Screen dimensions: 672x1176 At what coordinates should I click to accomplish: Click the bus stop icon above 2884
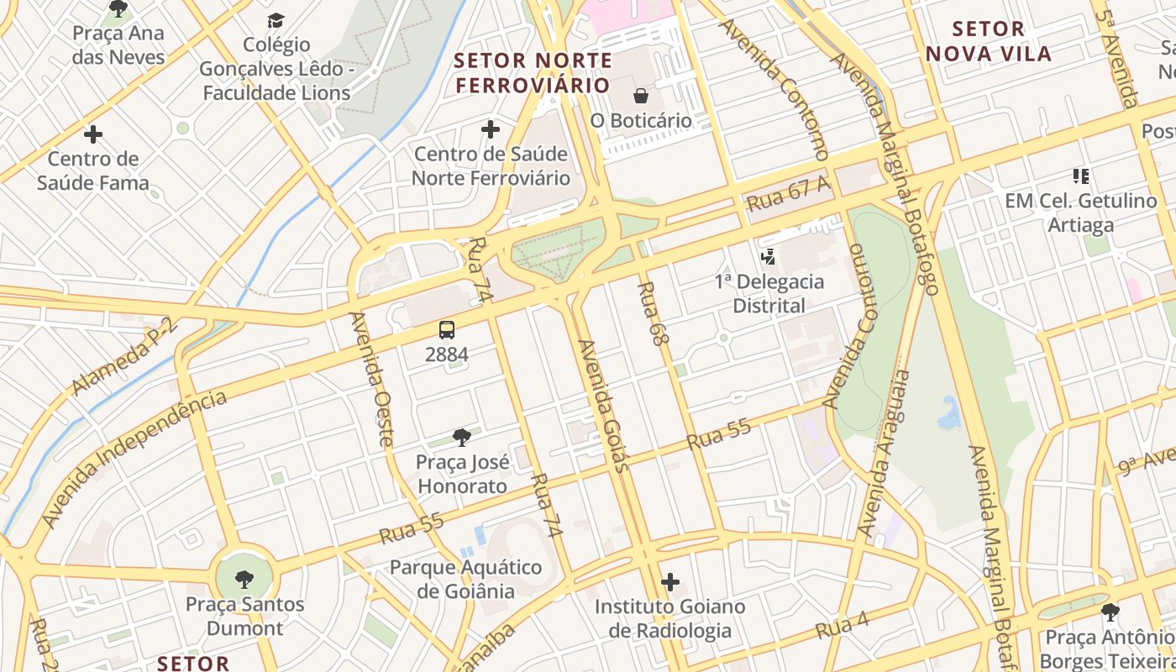click(x=447, y=330)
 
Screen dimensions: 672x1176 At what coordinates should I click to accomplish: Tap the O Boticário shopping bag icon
click(x=641, y=96)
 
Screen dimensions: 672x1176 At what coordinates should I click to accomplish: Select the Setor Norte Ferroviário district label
click(x=533, y=73)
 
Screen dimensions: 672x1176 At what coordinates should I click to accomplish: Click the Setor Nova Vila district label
click(x=988, y=41)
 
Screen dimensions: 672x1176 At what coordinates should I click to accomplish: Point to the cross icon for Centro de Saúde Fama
click(x=93, y=134)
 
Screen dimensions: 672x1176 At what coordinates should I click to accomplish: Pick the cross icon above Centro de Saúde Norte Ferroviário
click(x=491, y=129)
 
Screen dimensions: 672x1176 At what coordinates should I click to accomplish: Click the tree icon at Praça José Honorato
click(x=461, y=437)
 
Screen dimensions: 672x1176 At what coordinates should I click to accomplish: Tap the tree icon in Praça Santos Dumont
click(x=244, y=579)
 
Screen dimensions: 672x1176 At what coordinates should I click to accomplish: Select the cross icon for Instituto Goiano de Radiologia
click(x=670, y=581)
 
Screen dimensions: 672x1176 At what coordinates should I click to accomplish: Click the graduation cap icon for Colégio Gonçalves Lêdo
click(x=276, y=20)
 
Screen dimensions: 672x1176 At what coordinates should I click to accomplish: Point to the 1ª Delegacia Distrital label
click(x=769, y=293)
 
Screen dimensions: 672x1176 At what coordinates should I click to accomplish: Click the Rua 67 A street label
click(x=788, y=194)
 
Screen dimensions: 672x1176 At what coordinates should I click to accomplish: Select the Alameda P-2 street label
click(x=125, y=357)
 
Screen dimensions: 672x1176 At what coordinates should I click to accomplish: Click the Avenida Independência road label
click(x=134, y=457)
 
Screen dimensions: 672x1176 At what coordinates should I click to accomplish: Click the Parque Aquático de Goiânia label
click(x=465, y=579)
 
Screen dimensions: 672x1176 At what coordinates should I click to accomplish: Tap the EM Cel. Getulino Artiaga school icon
click(x=1081, y=176)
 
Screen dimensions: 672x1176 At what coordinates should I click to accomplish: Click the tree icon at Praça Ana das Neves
click(x=118, y=9)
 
